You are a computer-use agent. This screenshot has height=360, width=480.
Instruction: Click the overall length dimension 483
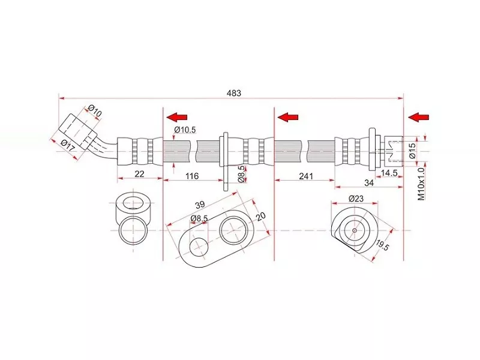point(234,93)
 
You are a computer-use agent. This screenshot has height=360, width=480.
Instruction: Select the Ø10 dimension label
point(95,110)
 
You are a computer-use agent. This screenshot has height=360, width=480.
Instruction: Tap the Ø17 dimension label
point(67,145)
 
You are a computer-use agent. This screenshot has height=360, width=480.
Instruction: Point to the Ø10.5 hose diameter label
point(185,130)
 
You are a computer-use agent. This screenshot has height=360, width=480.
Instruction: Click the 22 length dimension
point(139,174)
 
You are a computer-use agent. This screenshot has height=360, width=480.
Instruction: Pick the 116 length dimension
point(192,176)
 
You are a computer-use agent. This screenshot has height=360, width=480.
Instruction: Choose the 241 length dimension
point(306,176)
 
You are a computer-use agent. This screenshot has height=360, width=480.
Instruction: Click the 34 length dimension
point(369,183)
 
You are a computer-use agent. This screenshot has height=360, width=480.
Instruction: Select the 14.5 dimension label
point(389,173)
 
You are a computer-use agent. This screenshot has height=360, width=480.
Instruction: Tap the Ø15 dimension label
point(412,151)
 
